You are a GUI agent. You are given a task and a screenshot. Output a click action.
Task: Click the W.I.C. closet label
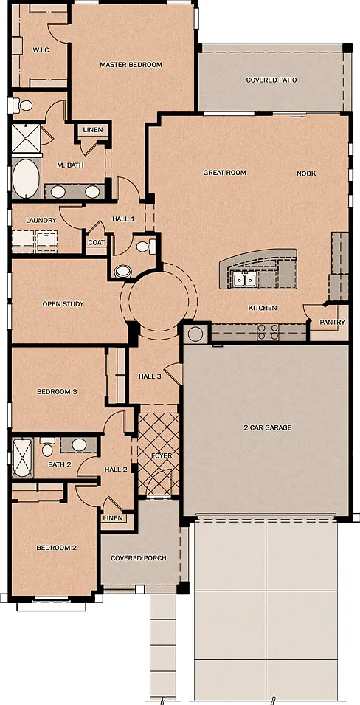click(41, 50)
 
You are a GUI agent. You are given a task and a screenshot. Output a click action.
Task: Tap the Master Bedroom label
click(131, 65)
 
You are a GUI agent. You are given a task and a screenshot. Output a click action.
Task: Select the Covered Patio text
click(271, 80)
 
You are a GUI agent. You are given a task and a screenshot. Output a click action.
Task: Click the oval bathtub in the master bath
click(26, 178)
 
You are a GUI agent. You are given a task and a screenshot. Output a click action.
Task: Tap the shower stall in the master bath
click(26, 137)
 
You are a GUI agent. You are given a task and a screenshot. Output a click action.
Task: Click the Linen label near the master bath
click(93, 130)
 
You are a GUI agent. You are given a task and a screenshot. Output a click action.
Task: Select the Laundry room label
click(41, 220)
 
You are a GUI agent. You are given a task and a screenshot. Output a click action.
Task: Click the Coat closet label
click(97, 243)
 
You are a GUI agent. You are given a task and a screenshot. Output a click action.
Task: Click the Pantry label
click(332, 322)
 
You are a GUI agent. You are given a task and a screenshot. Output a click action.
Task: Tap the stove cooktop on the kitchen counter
click(268, 331)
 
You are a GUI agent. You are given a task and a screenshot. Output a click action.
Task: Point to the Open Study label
click(63, 304)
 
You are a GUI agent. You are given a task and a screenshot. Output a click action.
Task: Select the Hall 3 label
click(150, 376)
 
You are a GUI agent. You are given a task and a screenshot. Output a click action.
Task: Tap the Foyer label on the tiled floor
click(162, 455)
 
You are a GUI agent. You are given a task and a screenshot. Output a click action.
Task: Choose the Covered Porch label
click(139, 558)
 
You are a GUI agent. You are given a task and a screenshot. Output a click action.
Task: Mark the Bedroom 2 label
click(57, 548)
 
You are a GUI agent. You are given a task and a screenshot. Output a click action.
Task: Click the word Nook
click(306, 173)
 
